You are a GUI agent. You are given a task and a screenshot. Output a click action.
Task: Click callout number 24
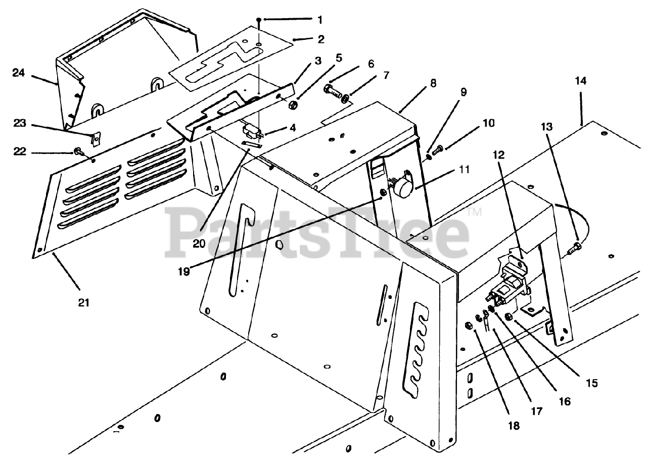19,72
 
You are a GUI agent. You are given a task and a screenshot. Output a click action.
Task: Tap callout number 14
580,81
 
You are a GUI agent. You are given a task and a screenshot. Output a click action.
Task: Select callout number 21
83,302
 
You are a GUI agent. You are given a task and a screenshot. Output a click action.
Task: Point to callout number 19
183,271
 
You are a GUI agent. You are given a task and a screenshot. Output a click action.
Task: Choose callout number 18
514,426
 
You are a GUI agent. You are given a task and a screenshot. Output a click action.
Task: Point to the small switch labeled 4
251,133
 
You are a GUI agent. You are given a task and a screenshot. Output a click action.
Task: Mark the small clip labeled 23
95,136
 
